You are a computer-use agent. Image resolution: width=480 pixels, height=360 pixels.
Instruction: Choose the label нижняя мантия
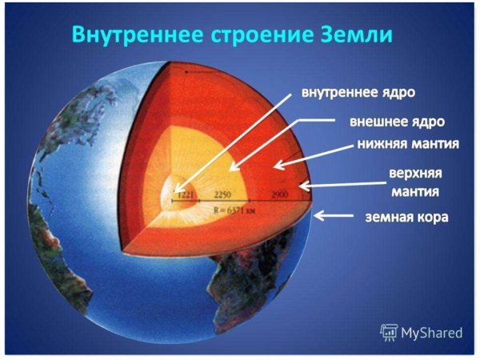pyautogui.click(x=407, y=146)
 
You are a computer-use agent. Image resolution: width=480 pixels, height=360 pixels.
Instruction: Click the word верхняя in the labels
pyautogui.click(x=415, y=174)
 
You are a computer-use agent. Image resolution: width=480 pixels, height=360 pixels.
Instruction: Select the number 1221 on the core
pyautogui.click(x=186, y=194)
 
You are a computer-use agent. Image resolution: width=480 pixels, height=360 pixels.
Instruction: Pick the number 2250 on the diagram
pyautogui.click(x=224, y=194)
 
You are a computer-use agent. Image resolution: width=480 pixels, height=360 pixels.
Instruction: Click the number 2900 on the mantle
pyautogui.click(x=279, y=194)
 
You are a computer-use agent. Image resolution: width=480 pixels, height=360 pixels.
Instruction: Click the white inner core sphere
pyautogui.click(x=174, y=194)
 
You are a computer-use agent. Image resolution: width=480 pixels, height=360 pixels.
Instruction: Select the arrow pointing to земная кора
pyautogui.click(x=337, y=215)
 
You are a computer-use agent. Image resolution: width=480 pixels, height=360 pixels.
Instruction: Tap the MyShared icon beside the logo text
pyautogui.click(x=389, y=330)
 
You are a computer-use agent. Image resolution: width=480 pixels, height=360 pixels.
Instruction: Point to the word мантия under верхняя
pyautogui.click(x=413, y=192)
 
